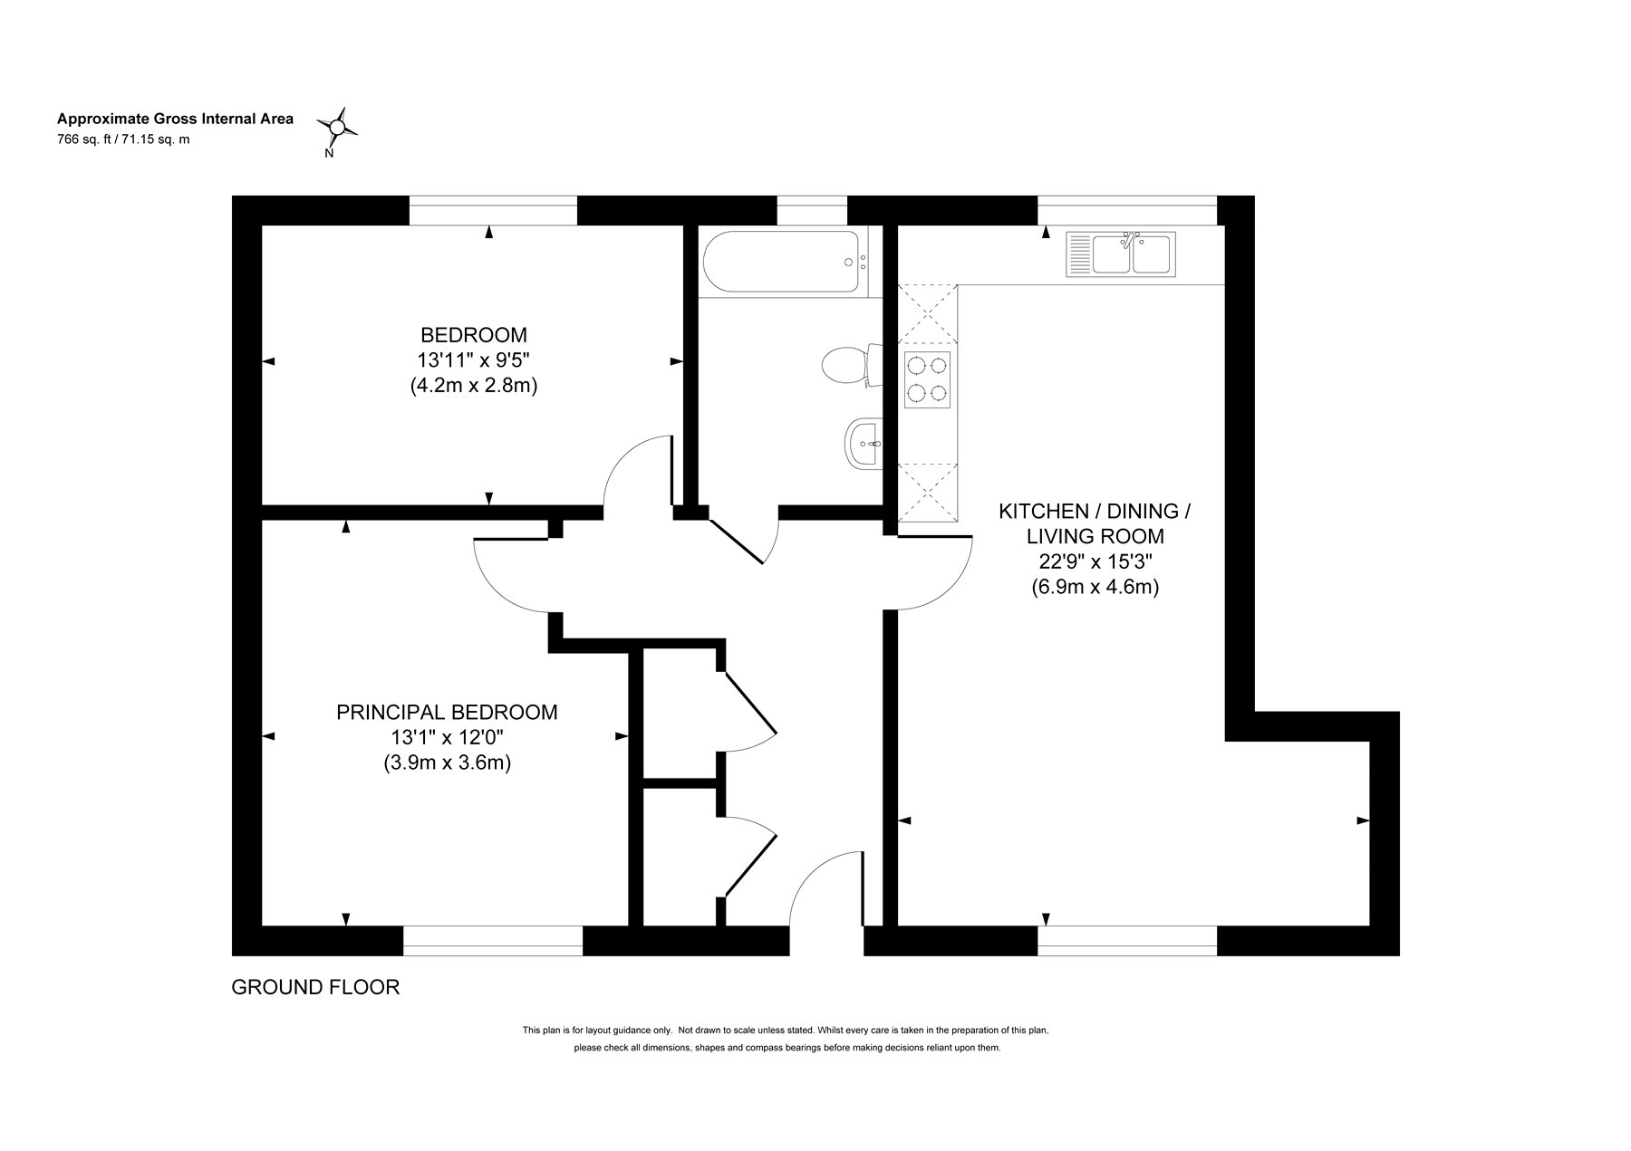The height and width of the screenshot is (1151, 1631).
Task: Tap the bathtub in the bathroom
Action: point(782,263)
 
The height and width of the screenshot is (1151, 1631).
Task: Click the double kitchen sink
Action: point(1121,253)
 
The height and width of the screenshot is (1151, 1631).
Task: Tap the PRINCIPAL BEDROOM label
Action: point(447,712)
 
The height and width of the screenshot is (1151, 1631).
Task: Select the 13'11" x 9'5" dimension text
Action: point(474,360)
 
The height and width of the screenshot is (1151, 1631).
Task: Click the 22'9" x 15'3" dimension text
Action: point(1095,561)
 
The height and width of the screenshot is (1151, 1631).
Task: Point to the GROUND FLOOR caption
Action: point(315,987)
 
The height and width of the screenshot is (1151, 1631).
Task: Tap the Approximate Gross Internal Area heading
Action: point(175,119)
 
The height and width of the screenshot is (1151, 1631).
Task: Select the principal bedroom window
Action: point(493,941)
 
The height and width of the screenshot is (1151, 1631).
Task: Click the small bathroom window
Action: point(812,210)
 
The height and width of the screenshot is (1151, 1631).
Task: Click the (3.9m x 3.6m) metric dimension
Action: point(447,763)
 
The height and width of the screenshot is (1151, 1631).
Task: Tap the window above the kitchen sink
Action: point(1127,210)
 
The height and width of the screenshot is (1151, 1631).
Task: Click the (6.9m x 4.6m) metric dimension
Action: point(1095,587)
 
